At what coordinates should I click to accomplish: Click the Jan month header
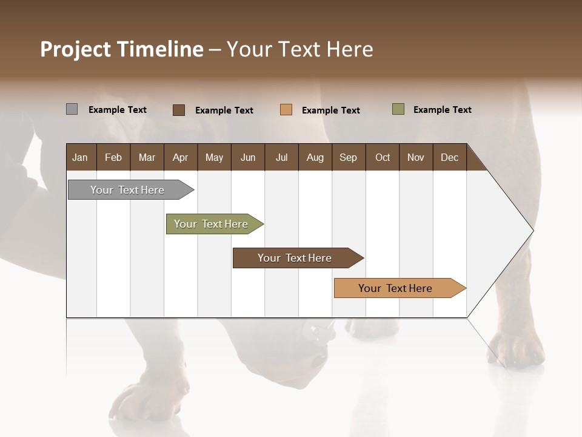point(80,157)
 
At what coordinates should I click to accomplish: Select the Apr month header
point(181,157)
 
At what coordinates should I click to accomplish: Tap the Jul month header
point(281,157)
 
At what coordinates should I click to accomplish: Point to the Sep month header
point(348,157)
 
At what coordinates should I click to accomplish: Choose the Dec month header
point(449,157)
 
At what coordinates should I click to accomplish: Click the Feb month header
point(113,157)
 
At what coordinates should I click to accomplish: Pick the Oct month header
point(383,157)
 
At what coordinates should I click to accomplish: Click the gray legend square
point(72,109)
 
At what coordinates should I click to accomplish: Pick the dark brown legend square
point(179,110)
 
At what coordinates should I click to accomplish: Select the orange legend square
point(286,110)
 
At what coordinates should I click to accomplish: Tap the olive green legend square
point(398,109)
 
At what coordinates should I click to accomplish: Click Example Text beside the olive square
point(442,110)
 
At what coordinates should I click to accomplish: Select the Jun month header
point(248,157)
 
